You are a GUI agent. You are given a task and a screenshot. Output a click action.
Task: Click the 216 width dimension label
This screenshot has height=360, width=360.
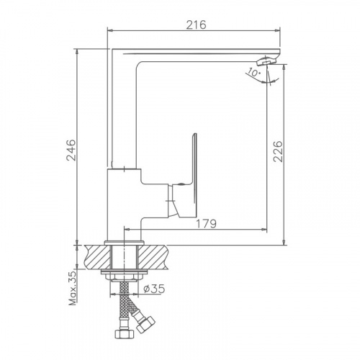pyautogui.click(x=197, y=24)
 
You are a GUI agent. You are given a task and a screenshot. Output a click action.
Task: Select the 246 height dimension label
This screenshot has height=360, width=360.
pyautogui.click(x=71, y=150)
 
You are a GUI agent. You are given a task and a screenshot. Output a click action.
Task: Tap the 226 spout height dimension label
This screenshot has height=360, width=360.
pyautogui.click(x=278, y=152)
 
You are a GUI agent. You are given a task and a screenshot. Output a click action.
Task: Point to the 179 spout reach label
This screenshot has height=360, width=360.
pyautogui.click(x=207, y=224)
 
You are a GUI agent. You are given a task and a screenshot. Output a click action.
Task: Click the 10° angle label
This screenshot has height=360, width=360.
pyautogui.click(x=253, y=72)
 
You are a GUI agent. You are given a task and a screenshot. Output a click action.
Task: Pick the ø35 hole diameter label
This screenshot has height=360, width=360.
pyautogui.click(x=154, y=289)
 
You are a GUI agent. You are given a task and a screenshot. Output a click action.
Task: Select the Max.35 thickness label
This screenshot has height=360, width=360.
pyautogui.click(x=73, y=288)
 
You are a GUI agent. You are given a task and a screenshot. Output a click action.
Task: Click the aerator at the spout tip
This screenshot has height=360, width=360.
pyautogui.click(x=266, y=60)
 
